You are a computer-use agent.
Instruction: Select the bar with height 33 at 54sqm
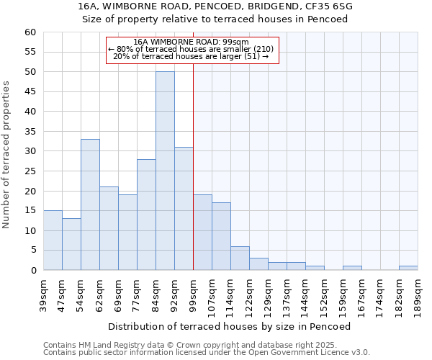(90, 204)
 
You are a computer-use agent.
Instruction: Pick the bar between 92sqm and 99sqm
(184, 208)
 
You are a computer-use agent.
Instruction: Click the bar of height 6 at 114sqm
(240, 258)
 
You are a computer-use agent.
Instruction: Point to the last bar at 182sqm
(408, 268)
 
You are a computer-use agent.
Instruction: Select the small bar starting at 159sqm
(352, 268)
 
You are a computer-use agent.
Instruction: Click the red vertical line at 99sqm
(193, 166)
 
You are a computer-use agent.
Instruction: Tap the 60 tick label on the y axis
(30, 32)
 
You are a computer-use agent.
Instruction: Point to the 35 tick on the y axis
(30, 132)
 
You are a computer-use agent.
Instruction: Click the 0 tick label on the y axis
(32, 271)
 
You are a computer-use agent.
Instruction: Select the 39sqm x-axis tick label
(44, 293)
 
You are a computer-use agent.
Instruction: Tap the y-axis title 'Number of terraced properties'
(7, 155)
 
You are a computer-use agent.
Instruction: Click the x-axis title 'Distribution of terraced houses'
(230, 326)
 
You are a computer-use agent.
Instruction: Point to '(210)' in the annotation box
(261, 49)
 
